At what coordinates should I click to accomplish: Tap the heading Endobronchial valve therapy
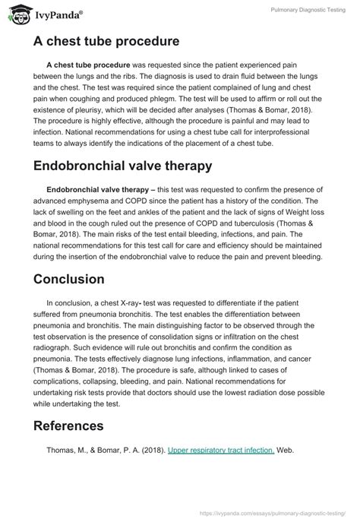click(x=123, y=166)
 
